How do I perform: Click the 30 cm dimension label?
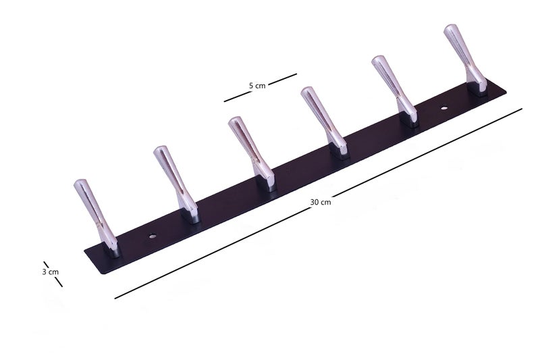pyautogui.click(x=320, y=202)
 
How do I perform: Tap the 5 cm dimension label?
pyautogui.click(x=257, y=85)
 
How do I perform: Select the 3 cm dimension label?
pyautogui.click(x=50, y=272)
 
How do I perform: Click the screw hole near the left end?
pyautogui.click(x=152, y=236)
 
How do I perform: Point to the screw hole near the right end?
pyautogui.click(x=444, y=108)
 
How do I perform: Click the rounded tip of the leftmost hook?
pyautogui.click(x=80, y=182)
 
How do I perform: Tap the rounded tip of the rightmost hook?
pyautogui.click(x=450, y=28)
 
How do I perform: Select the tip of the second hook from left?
pyautogui.click(x=160, y=149)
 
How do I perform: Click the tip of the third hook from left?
pyautogui.click(x=234, y=120)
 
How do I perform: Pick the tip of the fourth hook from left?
pyautogui.click(x=307, y=91)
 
